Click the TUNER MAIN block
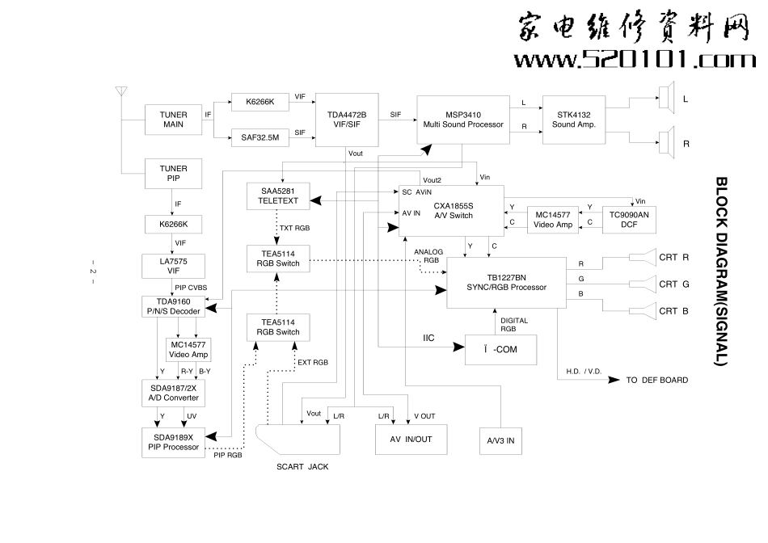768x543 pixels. tap(172, 120)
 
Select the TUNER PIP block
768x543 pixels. tap(172, 174)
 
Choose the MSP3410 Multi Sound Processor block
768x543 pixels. tap(463, 120)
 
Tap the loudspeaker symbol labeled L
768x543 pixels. tap(666, 99)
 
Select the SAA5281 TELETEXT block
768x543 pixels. tap(279, 196)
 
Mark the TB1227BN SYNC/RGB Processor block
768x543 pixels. tap(506, 282)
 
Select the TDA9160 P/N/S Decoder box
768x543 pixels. tap(173, 306)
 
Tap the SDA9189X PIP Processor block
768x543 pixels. tap(173, 440)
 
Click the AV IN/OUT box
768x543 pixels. tap(411, 440)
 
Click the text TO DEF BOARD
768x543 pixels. tap(657, 380)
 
